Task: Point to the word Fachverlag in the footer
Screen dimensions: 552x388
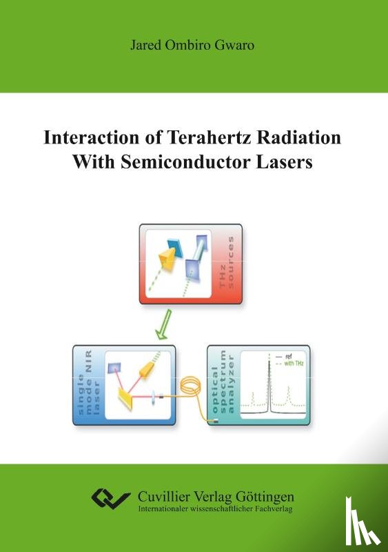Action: coord(272,511)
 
